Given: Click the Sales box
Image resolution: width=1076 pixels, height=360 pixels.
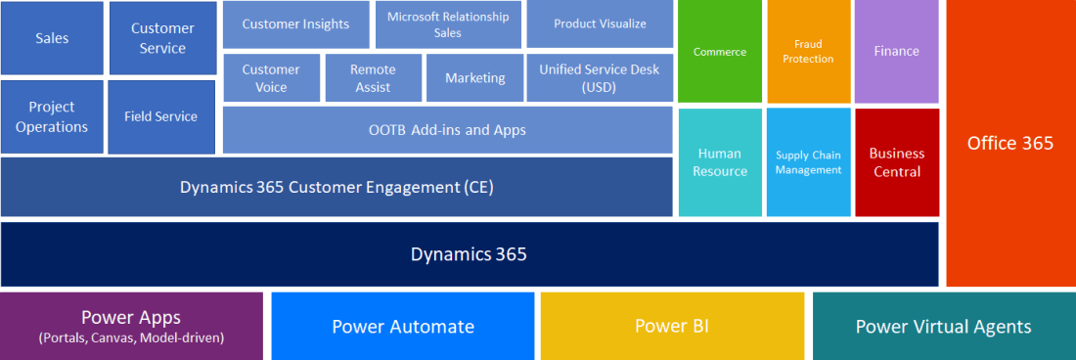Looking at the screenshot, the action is (x=52, y=38).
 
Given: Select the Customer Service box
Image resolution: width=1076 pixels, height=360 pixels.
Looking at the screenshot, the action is (x=163, y=38).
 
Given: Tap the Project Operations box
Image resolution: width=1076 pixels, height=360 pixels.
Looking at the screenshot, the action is (x=52, y=117).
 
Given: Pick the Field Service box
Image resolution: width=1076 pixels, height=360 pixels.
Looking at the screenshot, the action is (x=161, y=117).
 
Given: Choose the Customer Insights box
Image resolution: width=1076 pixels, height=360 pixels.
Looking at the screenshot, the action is (x=295, y=24).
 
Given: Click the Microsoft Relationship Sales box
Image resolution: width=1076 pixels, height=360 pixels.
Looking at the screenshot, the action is (x=448, y=24).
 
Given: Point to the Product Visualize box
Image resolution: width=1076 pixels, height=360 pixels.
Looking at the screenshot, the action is (x=600, y=24).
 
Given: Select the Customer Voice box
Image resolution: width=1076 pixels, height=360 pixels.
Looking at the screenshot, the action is (x=271, y=78).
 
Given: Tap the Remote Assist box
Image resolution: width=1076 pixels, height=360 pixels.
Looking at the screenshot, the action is (x=374, y=78).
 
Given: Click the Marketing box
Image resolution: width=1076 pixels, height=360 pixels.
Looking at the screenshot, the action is (x=474, y=78).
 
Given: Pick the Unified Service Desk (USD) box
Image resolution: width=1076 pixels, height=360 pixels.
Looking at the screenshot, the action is (x=600, y=78).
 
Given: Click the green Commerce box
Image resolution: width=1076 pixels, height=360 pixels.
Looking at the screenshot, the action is (x=720, y=52).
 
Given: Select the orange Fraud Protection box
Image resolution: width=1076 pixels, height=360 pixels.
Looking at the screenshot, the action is (x=808, y=52).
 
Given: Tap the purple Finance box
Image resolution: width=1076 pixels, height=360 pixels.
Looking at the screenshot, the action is (x=897, y=52).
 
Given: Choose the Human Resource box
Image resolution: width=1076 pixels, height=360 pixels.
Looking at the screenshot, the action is (x=720, y=162).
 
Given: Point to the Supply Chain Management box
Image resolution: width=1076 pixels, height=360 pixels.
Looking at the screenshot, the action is (x=808, y=162).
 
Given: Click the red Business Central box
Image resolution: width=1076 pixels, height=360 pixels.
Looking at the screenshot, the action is (x=897, y=162).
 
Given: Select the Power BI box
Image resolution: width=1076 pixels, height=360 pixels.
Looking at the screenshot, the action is (x=673, y=327).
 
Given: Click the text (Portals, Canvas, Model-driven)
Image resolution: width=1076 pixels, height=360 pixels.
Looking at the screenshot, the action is (x=132, y=338).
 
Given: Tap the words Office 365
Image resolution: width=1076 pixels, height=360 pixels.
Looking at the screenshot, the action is (x=1010, y=143).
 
